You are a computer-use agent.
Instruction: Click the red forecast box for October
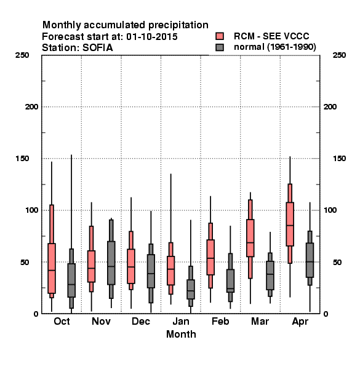[52, 268]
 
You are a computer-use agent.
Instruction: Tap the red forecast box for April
[290, 224]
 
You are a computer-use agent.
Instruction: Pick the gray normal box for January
[191, 289]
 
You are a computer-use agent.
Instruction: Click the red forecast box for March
[250, 238]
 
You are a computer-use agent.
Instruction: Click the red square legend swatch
[220, 36]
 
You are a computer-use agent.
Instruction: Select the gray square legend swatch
[220, 47]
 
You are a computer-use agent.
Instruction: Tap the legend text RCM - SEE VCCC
[271, 36]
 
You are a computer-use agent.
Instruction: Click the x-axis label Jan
[181, 321]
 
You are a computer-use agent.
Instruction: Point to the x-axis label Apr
[300, 322]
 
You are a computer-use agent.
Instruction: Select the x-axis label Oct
[62, 321]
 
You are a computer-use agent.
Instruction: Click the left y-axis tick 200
[31, 107]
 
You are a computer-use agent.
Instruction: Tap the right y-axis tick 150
[339, 159]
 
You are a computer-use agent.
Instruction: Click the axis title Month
[181, 334]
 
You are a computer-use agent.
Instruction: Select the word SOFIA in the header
[97, 48]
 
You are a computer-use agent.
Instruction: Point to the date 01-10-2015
[152, 37]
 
